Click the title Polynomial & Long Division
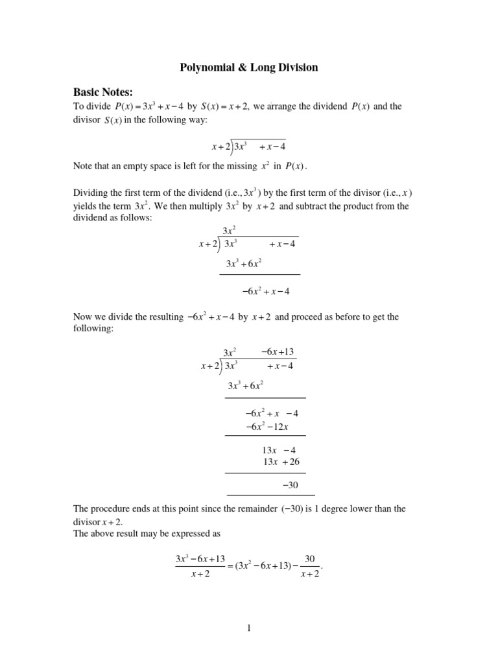[249, 67]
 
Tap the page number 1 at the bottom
[249, 628]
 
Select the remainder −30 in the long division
[290, 485]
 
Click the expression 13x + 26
[281, 462]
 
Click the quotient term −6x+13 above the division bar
[278, 351]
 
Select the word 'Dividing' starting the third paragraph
[91, 194]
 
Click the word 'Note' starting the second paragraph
[83, 166]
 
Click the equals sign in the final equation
[230, 566]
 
